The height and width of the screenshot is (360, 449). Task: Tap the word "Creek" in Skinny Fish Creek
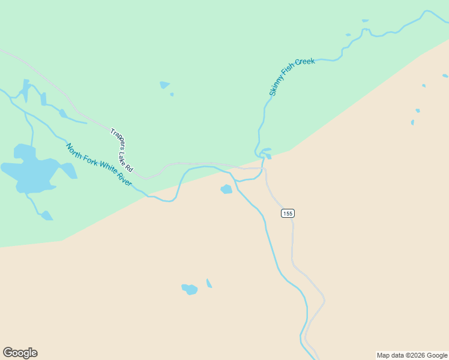[306, 63]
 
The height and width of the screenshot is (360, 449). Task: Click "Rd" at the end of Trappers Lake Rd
[129, 169]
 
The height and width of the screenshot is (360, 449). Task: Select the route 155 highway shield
[288, 214]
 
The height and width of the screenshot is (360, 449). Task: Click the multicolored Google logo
[20, 353]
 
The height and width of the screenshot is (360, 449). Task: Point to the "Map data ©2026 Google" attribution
[412, 355]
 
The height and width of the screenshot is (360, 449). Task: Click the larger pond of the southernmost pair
[190, 289]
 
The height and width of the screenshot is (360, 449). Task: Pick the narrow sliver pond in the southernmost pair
[209, 283]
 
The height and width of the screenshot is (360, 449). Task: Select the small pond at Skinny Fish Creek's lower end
[268, 156]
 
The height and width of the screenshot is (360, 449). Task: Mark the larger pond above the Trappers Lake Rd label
[164, 85]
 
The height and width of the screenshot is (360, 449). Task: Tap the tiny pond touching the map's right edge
[445, 76]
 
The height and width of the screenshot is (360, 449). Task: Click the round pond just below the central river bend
[226, 190]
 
